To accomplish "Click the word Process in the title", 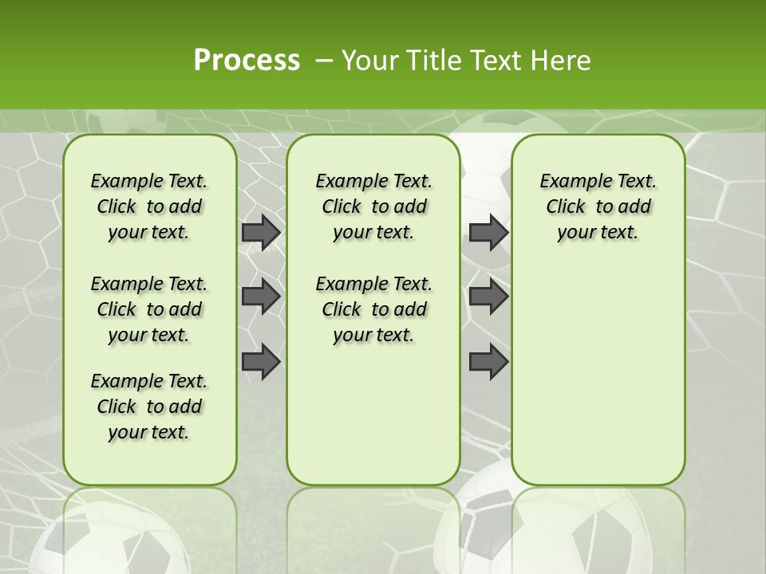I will tap(247, 61).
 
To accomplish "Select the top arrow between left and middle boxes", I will tap(261, 232).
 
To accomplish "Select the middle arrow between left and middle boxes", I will tap(261, 297).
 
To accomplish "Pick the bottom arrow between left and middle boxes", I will tap(261, 362).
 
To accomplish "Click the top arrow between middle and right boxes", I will tap(488, 232).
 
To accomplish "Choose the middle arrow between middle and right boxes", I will tap(488, 297).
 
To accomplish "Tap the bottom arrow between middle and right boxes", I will tap(488, 362).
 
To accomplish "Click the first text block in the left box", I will tap(149, 206).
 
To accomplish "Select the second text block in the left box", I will tap(149, 309).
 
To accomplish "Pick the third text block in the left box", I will tap(149, 407).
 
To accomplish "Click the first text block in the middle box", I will tap(373, 206).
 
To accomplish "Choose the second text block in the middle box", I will tap(373, 309).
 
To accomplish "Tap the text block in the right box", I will tap(598, 206).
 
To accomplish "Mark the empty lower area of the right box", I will tap(598, 375).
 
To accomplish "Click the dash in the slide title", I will tap(325, 61).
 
